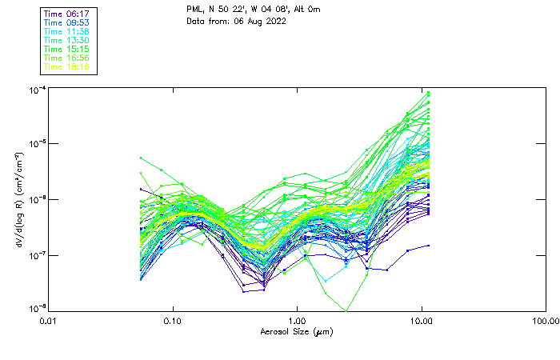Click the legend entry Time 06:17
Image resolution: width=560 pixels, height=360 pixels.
[x=68, y=14]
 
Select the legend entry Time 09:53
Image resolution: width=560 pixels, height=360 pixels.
[x=68, y=23]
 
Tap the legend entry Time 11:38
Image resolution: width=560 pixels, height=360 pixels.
[x=68, y=32]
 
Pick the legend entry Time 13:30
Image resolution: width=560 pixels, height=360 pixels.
[x=68, y=41]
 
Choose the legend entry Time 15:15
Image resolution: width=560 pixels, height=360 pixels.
[x=68, y=50]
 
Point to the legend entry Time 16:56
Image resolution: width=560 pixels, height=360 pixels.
[x=68, y=58]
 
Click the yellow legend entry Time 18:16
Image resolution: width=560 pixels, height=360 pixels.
[x=68, y=67]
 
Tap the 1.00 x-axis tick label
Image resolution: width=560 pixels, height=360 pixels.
[x=297, y=321]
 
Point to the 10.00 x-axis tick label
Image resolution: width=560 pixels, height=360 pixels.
[x=421, y=321]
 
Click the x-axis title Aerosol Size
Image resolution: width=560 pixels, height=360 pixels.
[x=297, y=331]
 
